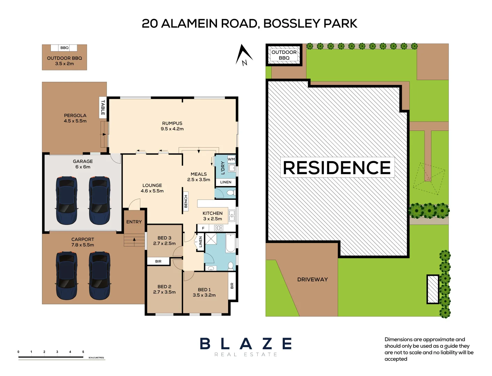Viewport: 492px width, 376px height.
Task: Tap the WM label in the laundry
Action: (x=231, y=159)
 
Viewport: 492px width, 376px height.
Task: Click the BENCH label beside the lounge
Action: (x=186, y=202)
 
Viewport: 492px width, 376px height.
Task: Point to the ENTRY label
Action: (x=134, y=222)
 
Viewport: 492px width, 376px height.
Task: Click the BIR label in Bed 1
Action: (x=232, y=286)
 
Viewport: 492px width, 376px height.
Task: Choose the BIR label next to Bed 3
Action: (x=158, y=261)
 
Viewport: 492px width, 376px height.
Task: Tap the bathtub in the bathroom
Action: (x=231, y=243)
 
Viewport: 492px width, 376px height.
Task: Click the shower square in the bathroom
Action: (x=211, y=239)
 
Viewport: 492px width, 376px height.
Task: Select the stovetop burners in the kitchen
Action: (x=219, y=228)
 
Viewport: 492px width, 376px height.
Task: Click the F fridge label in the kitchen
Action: (x=203, y=228)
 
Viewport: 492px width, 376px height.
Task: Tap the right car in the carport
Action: (x=100, y=275)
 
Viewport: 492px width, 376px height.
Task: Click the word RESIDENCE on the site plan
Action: (x=337, y=167)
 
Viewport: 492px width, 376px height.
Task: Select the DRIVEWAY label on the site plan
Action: (x=312, y=279)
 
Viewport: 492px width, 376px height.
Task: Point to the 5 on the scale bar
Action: (x=83, y=352)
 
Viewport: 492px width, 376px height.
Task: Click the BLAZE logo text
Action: (x=246, y=344)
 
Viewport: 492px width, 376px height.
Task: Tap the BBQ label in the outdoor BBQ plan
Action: (x=64, y=48)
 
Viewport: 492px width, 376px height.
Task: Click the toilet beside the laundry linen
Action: (x=230, y=193)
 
